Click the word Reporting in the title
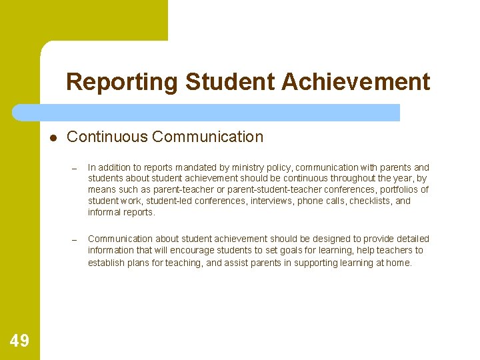click(123, 82)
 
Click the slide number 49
click(19, 341)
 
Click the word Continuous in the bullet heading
click(107, 137)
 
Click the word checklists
click(371, 201)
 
